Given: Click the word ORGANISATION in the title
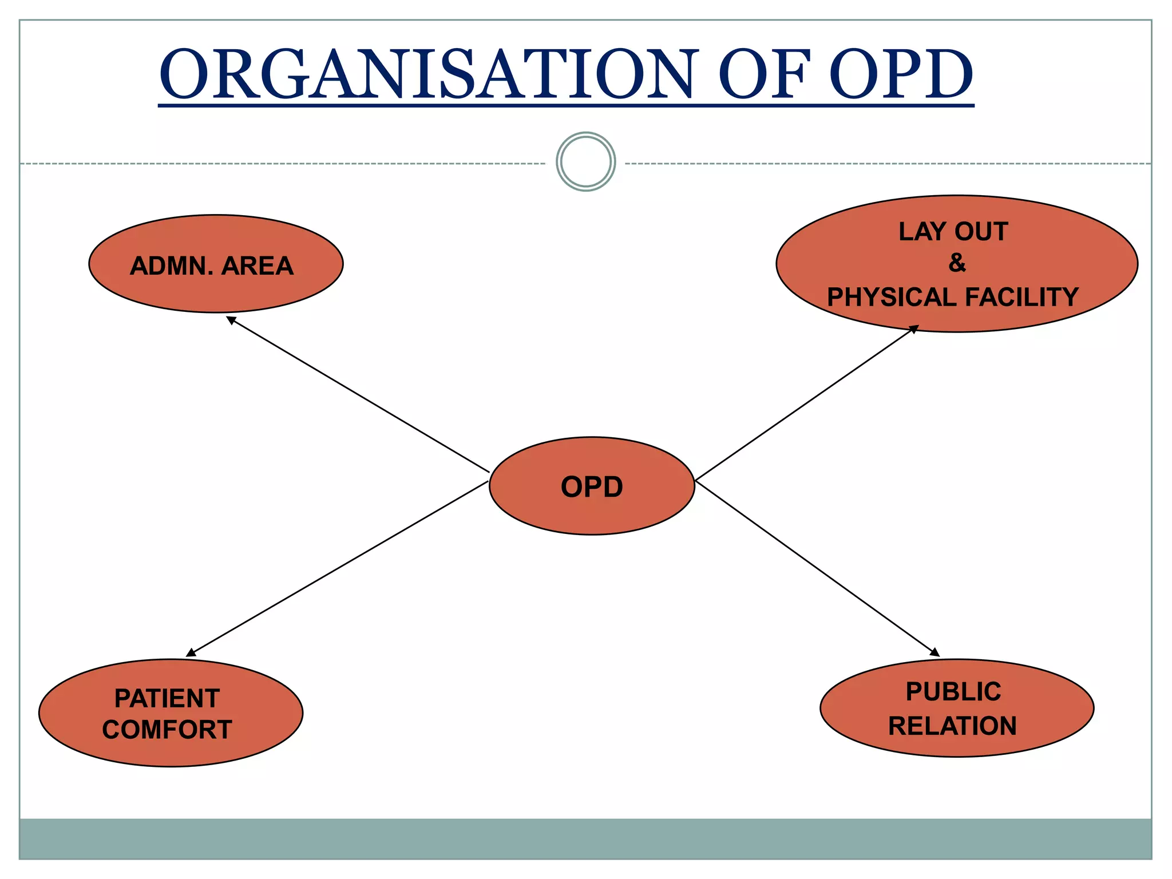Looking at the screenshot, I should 426,74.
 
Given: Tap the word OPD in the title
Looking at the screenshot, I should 901,74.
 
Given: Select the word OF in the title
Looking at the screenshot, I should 764,74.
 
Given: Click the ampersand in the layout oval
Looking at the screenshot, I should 957,263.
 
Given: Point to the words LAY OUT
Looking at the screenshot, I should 953,232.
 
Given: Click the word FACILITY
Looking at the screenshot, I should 1021,298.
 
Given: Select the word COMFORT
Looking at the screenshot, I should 167,730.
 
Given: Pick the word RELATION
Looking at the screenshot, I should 952,726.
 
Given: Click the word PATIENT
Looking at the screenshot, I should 167,698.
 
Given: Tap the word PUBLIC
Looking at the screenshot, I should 953,692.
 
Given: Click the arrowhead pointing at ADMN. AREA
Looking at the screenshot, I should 231,320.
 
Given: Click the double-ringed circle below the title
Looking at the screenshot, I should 585,162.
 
